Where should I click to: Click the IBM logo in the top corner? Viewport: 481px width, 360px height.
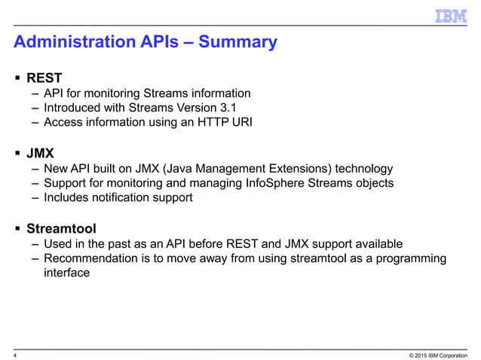452,16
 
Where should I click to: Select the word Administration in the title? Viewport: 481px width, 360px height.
66,42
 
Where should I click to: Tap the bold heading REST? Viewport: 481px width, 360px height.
44,78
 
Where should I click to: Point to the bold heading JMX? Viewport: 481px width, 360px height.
41,152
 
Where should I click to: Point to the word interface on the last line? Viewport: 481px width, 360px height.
67,273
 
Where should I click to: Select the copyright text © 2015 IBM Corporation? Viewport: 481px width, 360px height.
434,353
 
